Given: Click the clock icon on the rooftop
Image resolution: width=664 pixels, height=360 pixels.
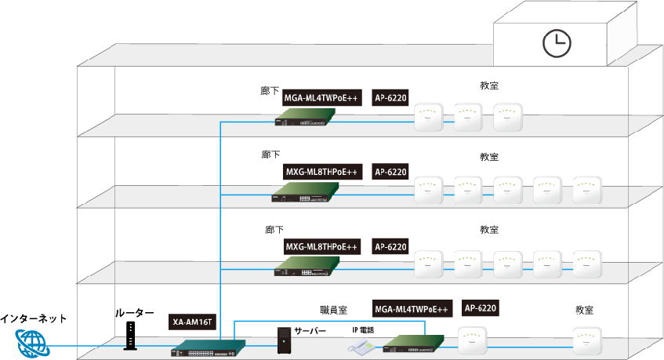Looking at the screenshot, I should click(557, 43).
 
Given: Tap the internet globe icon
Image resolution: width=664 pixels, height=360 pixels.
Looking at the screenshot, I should click(31, 344).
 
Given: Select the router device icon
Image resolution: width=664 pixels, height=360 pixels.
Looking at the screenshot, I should click(130, 336).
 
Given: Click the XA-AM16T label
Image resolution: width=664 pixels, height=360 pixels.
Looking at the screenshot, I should click(192, 322).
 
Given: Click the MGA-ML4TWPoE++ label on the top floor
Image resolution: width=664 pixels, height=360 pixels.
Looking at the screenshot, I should click(321, 98).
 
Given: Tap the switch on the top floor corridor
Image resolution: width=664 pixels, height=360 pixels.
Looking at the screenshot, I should click(307, 118).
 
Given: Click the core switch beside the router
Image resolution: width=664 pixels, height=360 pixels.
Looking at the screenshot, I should click(208, 347).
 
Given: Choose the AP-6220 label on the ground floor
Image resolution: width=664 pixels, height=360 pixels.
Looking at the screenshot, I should click(481, 307).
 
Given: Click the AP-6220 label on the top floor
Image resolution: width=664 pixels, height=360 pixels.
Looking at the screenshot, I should click(390, 98).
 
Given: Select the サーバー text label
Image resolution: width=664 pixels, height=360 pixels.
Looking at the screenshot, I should click(310, 332).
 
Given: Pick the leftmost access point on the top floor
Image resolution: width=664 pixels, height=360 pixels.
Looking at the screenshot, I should click(429, 118).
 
